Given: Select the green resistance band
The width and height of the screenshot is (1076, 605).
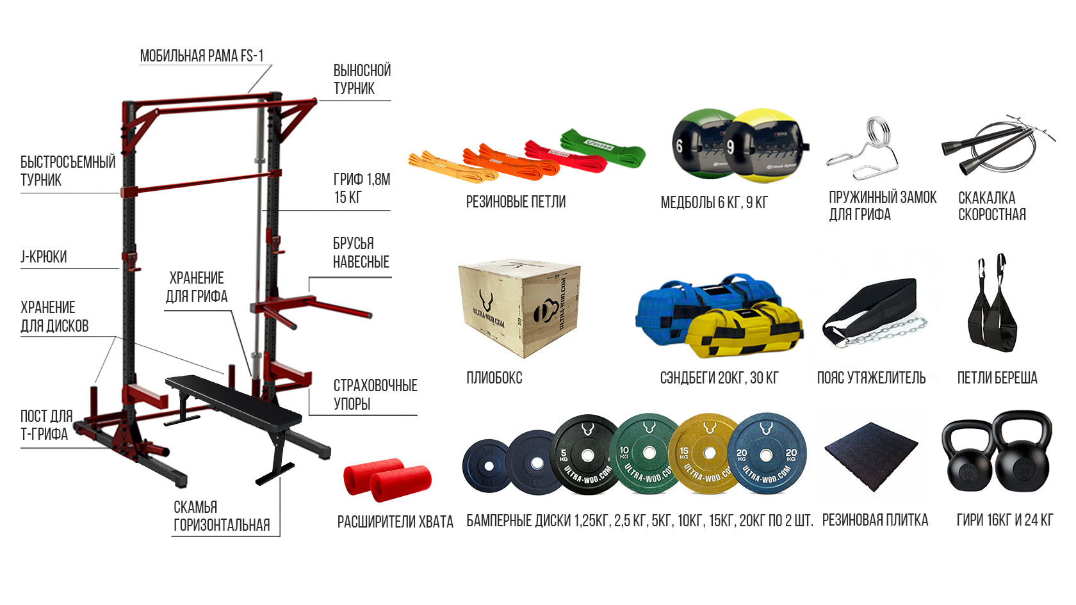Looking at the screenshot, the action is [603, 148].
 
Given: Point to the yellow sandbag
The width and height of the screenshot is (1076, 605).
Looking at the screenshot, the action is [744, 332].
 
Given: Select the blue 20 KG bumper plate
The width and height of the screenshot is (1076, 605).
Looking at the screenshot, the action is [767, 455].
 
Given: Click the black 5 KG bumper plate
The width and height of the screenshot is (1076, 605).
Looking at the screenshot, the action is [587, 455].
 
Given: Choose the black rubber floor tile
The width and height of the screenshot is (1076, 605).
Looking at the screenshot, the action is [871, 456].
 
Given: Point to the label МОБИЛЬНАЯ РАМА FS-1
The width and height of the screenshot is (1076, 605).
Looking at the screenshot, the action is [202, 56].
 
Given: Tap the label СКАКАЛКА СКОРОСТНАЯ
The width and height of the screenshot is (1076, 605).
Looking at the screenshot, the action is [992, 206].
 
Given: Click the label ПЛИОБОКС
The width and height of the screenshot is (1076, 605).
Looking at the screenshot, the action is [494, 378].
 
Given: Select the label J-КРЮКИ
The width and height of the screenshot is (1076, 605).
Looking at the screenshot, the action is [44, 257].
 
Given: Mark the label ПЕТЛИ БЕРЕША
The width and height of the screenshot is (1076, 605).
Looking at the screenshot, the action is [997, 378].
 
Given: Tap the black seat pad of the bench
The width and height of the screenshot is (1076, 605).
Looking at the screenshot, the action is [233, 401].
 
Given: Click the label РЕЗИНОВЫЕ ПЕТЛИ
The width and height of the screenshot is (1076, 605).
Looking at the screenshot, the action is [516, 202].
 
